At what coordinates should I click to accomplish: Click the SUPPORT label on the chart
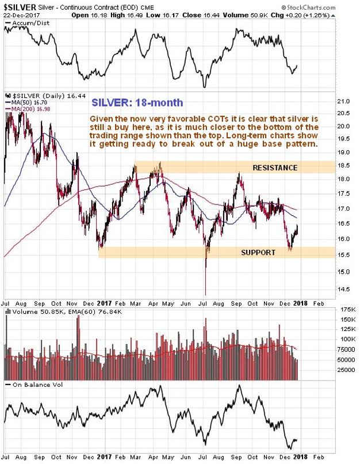click(257, 252)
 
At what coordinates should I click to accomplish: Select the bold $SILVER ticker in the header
click(18, 7)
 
